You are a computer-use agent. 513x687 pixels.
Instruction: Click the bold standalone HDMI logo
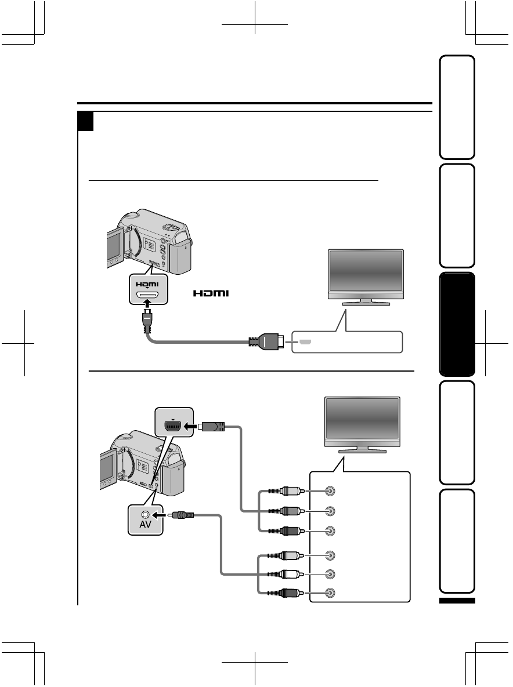[212, 294]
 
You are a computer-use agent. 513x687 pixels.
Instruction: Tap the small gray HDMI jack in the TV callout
[305, 342]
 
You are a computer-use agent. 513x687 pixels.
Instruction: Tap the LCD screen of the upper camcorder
[114, 248]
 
